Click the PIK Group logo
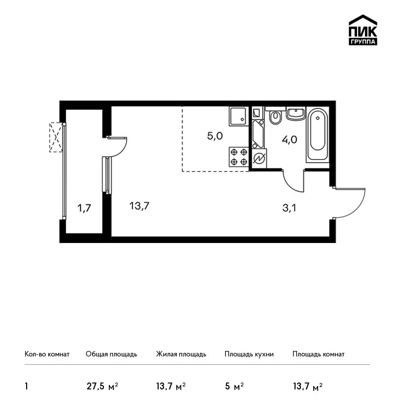[x=363, y=30]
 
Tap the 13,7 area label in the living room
[x=139, y=206]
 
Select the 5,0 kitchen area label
[x=215, y=136]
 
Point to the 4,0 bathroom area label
[x=290, y=140]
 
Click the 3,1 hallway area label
[x=289, y=208]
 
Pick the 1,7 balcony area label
[x=84, y=208]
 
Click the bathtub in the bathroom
[x=317, y=135]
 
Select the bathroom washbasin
[x=296, y=113]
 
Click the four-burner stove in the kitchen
[x=239, y=157]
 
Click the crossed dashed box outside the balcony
[x=56, y=138]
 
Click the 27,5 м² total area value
[x=102, y=386]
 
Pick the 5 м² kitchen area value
[x=234, y=386]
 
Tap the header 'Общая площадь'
[x=111, y=354]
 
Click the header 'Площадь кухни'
[x=249, y=354]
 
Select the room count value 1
[x=26, y=386]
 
